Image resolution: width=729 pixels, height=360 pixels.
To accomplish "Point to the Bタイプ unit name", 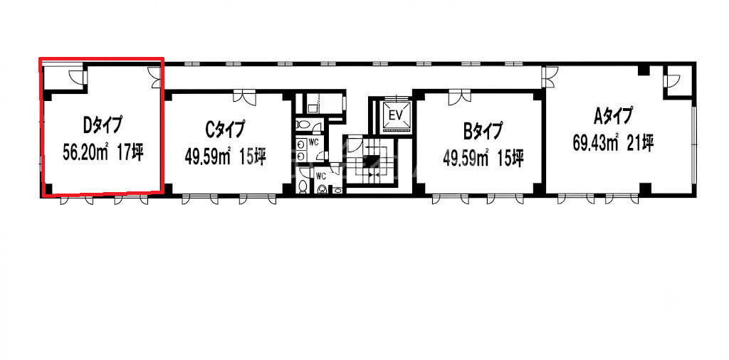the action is pos(483,131).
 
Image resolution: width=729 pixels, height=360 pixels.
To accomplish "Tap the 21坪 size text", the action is pos(640,142).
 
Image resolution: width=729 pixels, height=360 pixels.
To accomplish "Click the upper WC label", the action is pos(313,142).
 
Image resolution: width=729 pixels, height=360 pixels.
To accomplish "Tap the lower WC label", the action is pos(321,176).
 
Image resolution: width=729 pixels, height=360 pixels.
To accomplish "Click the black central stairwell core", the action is pos(370,163).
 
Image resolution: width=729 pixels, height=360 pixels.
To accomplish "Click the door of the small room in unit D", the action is pos(76,76).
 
